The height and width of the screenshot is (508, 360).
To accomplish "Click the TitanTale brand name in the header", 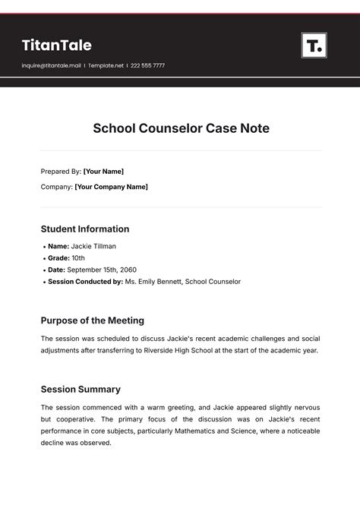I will [56, 46].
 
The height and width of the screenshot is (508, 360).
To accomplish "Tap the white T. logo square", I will [314, 46].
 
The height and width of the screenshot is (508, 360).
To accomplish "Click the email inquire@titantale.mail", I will [51, 66].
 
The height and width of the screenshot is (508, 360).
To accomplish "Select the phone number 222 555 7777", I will [148, 66].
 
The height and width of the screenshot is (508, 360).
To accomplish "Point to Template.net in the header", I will [106, 66].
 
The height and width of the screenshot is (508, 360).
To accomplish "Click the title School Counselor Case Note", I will [181, 128].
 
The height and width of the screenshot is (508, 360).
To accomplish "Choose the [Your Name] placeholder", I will [103, 172].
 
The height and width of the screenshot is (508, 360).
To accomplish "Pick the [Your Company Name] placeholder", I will [111, 187].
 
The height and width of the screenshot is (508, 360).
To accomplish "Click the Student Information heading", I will [85, 229].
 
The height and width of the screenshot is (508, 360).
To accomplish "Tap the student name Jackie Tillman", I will [94, 247].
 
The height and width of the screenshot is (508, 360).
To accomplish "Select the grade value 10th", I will [78, 258].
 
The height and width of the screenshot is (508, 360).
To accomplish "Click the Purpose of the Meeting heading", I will [92, 320].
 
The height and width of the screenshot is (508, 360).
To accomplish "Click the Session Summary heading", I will [81, 390].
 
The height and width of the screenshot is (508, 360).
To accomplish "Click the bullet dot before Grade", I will [43, 258].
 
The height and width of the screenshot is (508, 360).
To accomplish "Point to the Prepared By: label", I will [61, 172].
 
